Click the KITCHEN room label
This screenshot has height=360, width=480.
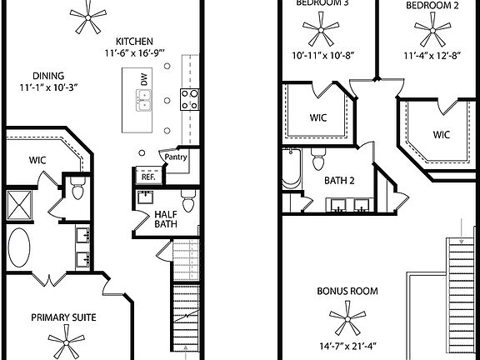[134, 42]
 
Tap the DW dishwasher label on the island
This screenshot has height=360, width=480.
[144, 81]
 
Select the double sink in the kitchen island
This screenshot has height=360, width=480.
[145, 101]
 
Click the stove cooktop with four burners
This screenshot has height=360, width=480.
[189, 99]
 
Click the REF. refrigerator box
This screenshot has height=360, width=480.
[147, 177]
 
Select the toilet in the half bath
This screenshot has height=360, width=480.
[187, 202]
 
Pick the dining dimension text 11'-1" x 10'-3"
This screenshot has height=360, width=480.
[48, 87]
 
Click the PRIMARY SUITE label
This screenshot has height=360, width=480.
[63, 317]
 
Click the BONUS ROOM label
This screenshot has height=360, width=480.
[347, 292]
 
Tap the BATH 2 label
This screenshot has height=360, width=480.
[340, 180]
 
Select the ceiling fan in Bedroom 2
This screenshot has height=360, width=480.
[432, 32]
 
